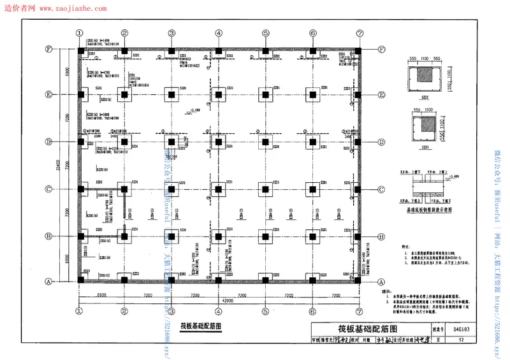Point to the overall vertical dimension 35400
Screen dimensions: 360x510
coord(59,166)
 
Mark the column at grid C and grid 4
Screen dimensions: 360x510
coord(219,189)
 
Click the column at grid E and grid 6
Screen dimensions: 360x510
coord(312,94)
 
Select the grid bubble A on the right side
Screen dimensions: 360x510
coord(382,282)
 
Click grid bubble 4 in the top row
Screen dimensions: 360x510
coord(219,33)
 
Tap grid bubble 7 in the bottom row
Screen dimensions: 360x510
coord(360,312)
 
